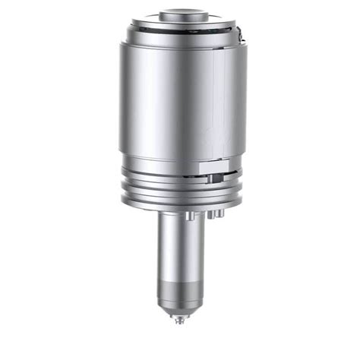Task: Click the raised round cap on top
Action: [x=181, y=15]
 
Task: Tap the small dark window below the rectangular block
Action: [x=216, y=179]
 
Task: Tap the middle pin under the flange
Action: [x=210, y=215]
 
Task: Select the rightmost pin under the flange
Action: [x=219, y=214]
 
